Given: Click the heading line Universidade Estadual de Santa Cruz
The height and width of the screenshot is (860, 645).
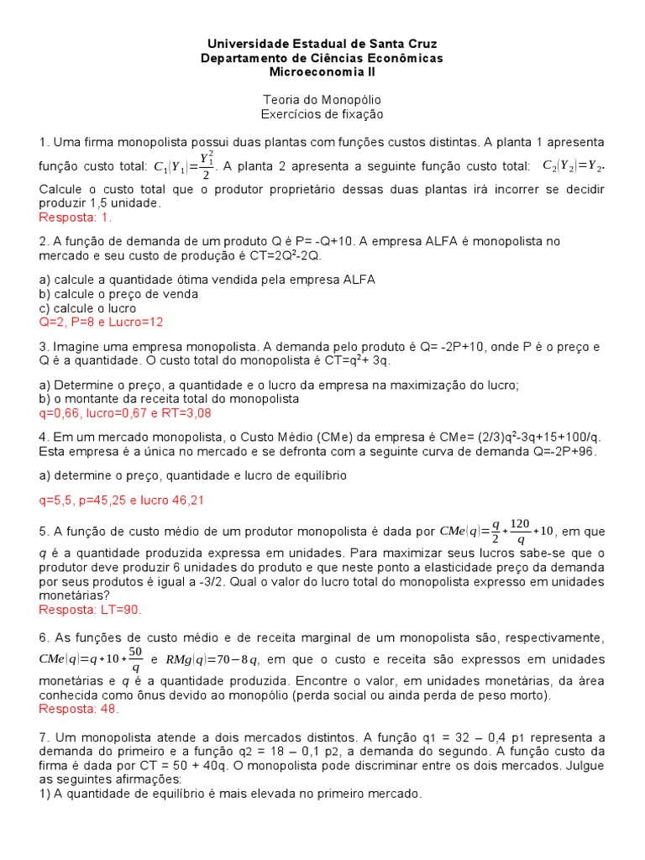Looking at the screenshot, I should pos(322,43).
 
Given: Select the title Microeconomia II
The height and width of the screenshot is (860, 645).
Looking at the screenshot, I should pos(322,72).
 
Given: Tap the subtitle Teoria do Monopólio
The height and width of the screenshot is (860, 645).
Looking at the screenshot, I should pos(322,99).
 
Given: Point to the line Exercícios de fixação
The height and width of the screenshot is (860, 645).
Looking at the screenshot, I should pos(322,113).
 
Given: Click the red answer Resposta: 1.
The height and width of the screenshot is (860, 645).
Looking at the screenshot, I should pos(76,218).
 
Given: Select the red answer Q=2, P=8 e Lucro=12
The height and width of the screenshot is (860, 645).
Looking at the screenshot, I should pos(101,322).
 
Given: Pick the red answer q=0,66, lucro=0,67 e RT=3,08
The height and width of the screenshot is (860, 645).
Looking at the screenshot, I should pos(125,412).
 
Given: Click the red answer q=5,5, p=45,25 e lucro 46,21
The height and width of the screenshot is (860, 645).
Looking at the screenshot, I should pos(122,500).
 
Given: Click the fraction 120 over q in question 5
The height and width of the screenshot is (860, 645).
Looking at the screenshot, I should pos(520,531).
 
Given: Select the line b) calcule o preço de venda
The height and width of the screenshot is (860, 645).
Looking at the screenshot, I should pos(118,294).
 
